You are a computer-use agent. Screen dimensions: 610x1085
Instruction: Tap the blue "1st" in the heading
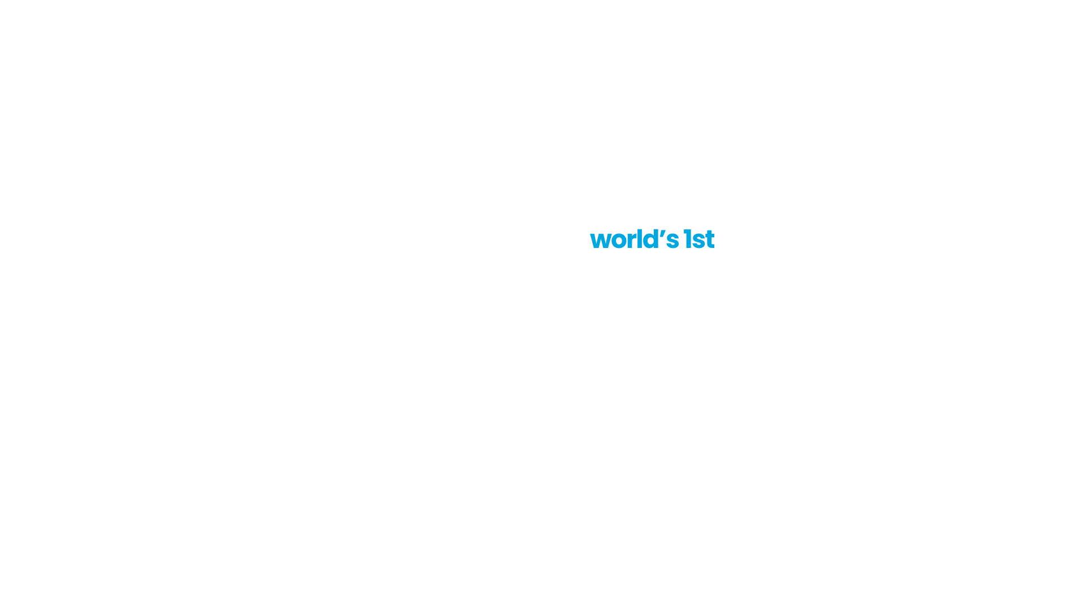pos(699,239)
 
